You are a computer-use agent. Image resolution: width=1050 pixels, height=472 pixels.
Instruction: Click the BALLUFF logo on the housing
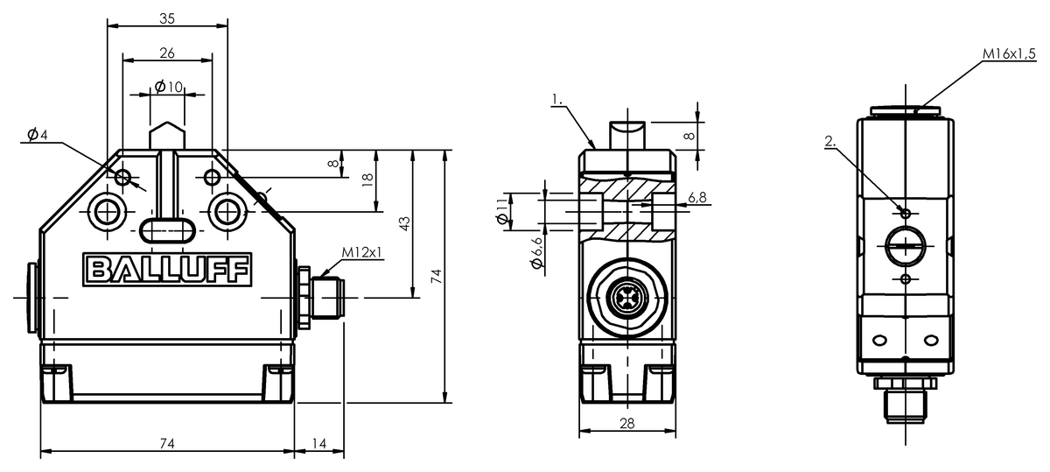point(167,270)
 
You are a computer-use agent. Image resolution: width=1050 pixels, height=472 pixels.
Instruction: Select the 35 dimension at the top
point(167,18)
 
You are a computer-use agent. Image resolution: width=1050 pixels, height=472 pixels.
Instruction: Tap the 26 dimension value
point(167,53)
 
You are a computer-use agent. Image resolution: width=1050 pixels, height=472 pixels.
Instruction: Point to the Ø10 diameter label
point(168,87)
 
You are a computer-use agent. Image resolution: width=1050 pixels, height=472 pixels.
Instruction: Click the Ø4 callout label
point(38,135)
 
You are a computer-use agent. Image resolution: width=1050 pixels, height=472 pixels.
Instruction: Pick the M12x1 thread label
point(361,252)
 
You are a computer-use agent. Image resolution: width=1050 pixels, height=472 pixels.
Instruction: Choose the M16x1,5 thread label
point(1009,54)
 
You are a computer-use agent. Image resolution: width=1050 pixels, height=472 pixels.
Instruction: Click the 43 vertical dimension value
point(404,223)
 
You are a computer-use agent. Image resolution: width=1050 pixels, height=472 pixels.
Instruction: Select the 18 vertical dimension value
point(368,180)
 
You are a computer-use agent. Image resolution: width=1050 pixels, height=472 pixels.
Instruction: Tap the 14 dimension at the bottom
point(318,443)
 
